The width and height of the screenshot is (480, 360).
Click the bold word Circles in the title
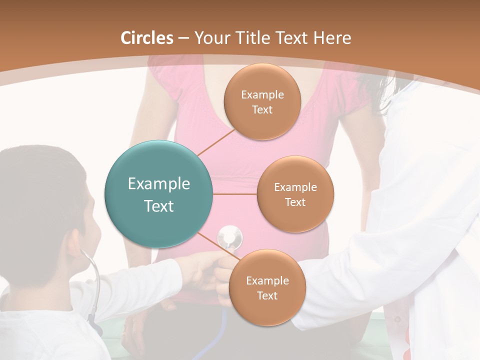pos(147,38)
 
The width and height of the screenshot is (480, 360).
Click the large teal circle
pos(158,194)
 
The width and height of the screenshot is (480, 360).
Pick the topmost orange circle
pos(262,101)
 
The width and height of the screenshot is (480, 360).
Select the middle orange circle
pos(295,194)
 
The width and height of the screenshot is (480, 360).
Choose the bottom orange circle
pos(267,287)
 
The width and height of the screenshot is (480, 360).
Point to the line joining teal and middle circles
pos(235,194)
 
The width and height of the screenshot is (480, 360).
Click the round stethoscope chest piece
pos(229,235)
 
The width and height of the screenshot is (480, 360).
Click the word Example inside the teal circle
pos(158,184)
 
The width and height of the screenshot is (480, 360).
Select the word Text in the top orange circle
pos(262,110)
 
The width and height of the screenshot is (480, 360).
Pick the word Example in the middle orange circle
pos(295,187)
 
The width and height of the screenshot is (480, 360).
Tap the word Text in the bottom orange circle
pos(267,296)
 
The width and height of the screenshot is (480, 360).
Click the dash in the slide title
pos(183,38)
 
